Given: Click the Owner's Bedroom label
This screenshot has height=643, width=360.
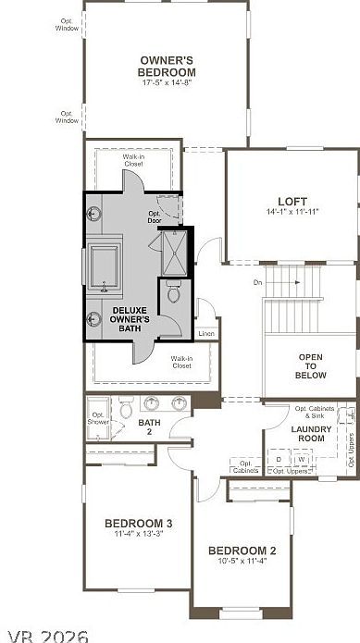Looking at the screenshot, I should pyautogui.click(x=168, y=67).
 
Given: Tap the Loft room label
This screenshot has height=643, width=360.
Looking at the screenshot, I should pyautogui.click(x=292, y=202).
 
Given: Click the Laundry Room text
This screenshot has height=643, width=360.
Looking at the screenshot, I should pyautogui.click(x=311, y=433).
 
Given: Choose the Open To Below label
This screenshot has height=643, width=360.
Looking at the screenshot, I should pyautogui.click(x=311, y=365).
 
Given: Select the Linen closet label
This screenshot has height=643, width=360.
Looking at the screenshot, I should pyautogui.click(x=206, y=333).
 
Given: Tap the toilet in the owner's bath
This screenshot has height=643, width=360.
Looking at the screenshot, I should pyautogui.click(x=173, y=295).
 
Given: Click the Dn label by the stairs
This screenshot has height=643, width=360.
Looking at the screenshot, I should pyautogui.click(x=258, y=282).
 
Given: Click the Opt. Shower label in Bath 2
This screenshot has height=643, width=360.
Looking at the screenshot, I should pyautogui.click(x=98, y=417).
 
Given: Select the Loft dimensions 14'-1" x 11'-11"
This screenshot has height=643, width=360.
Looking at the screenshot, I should pyautogui.click(x=292, y=212).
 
